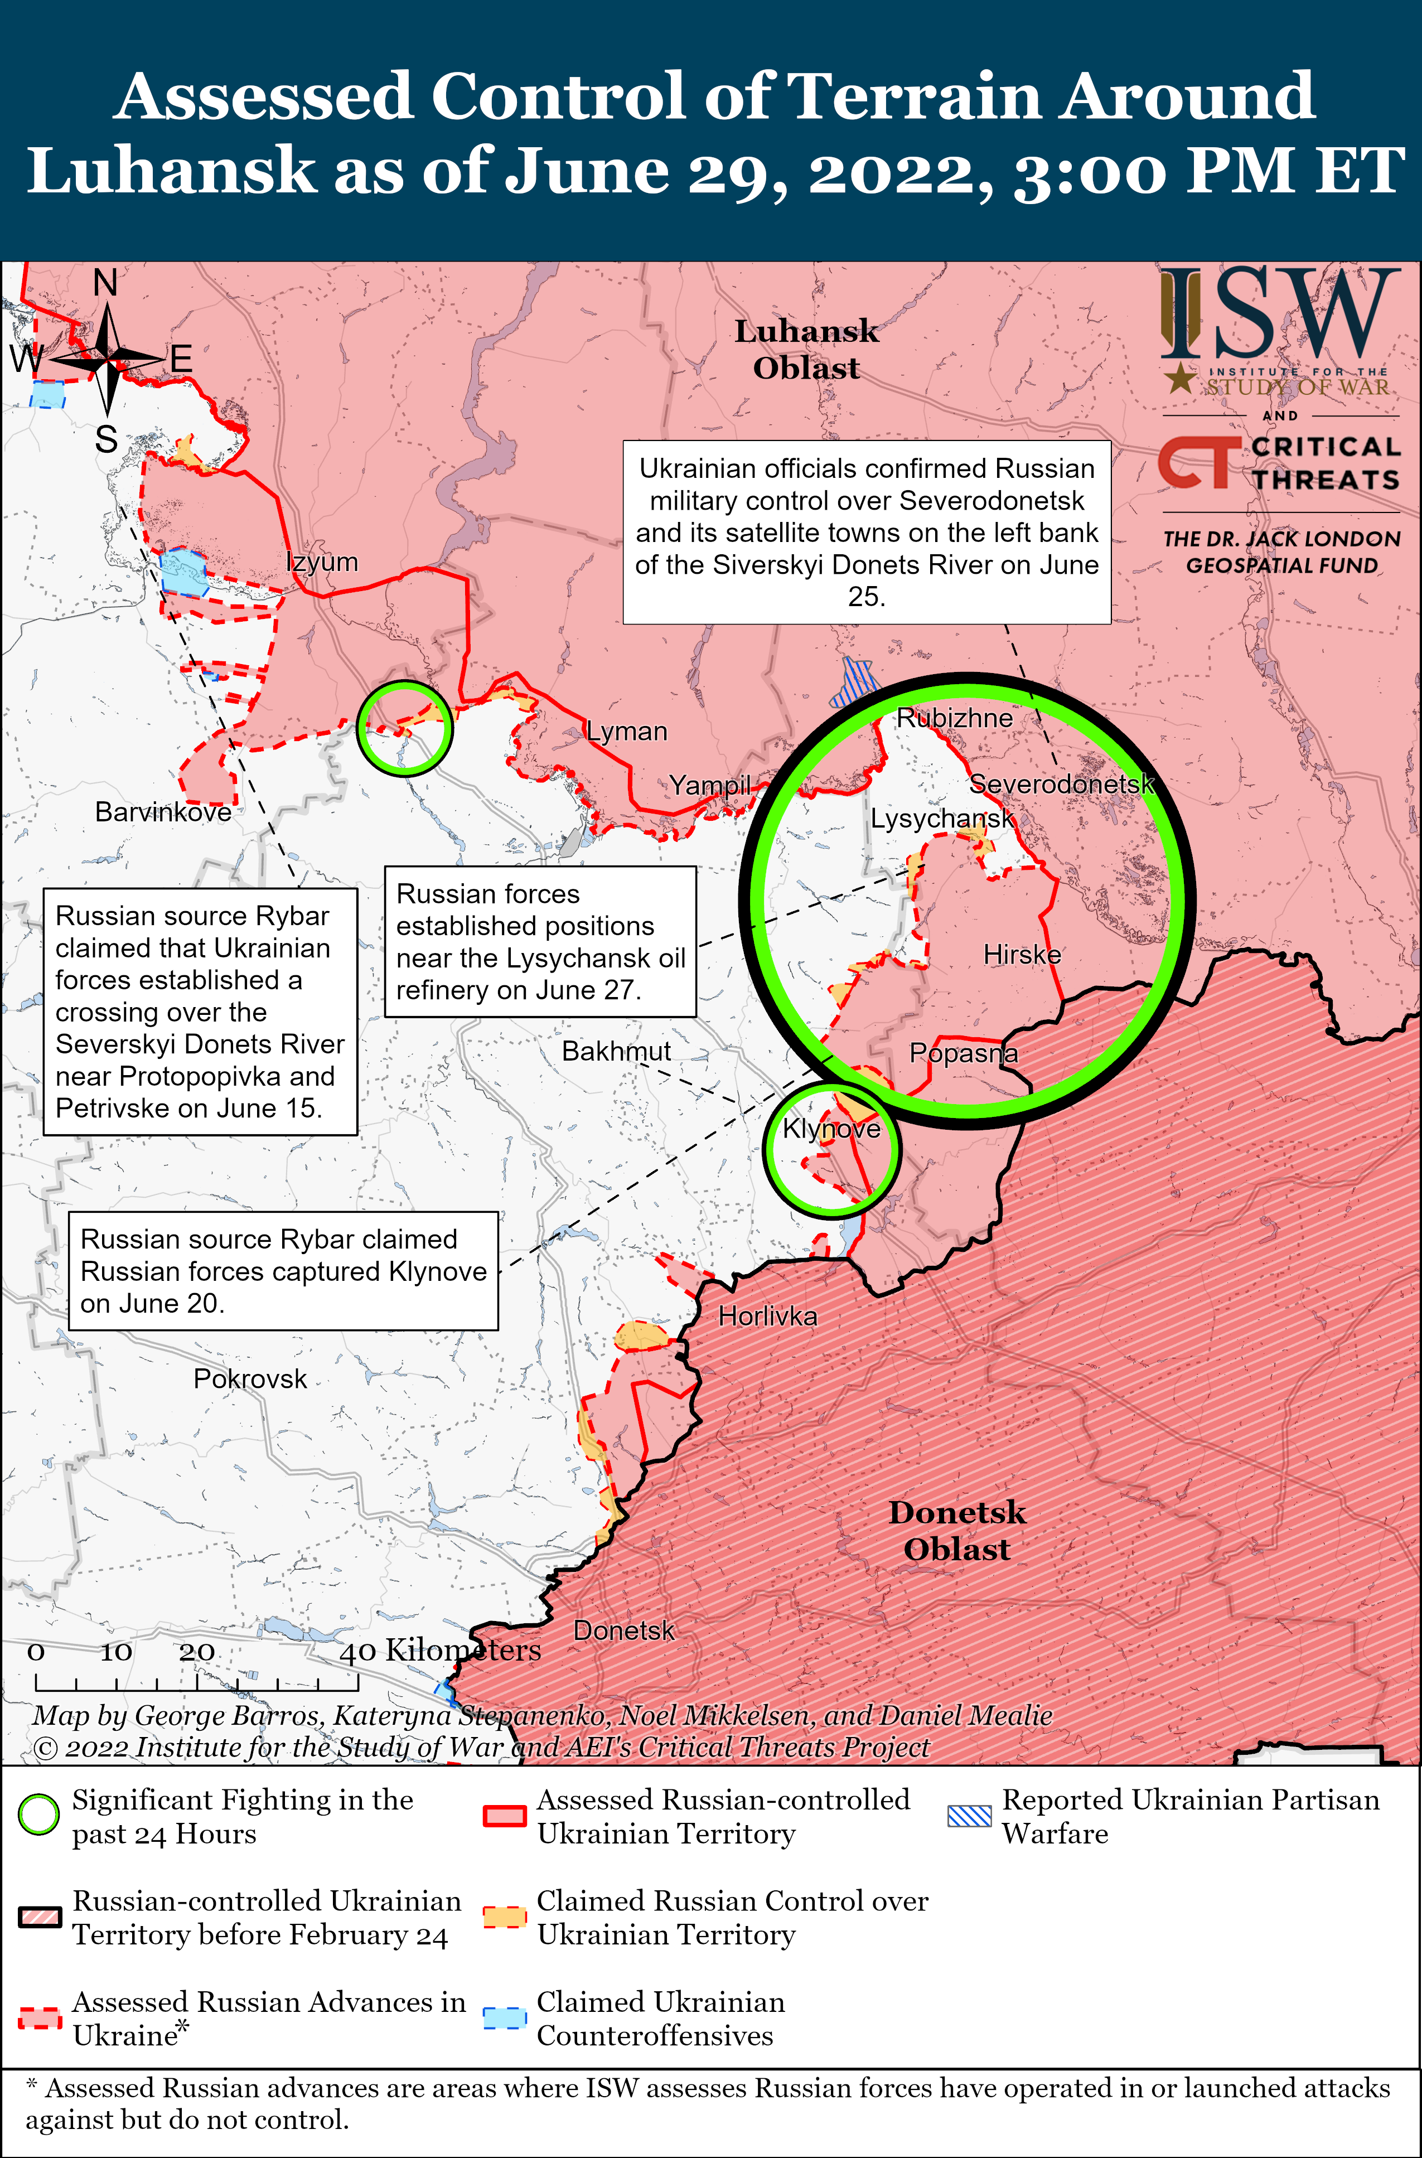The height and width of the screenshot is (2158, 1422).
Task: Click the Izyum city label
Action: (322, 562)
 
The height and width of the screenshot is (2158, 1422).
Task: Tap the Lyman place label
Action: (627, 731)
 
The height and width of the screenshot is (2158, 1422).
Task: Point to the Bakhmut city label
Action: (617, 1051)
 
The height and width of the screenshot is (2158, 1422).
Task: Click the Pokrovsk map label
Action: (250, 1379)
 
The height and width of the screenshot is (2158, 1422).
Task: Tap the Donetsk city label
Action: (624, 1630)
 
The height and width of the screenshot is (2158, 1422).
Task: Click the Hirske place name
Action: (1022, 955)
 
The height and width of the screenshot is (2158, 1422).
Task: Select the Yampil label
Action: (710, 785)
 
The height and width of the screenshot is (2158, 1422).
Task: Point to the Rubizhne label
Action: (954, 718)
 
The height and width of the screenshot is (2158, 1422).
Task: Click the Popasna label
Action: (963, 1053)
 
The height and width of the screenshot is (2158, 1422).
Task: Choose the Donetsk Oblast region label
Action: (957, 1531)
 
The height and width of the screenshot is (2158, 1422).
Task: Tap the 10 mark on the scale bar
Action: (116, 1653)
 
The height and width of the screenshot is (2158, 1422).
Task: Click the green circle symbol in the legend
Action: (39, 1815)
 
